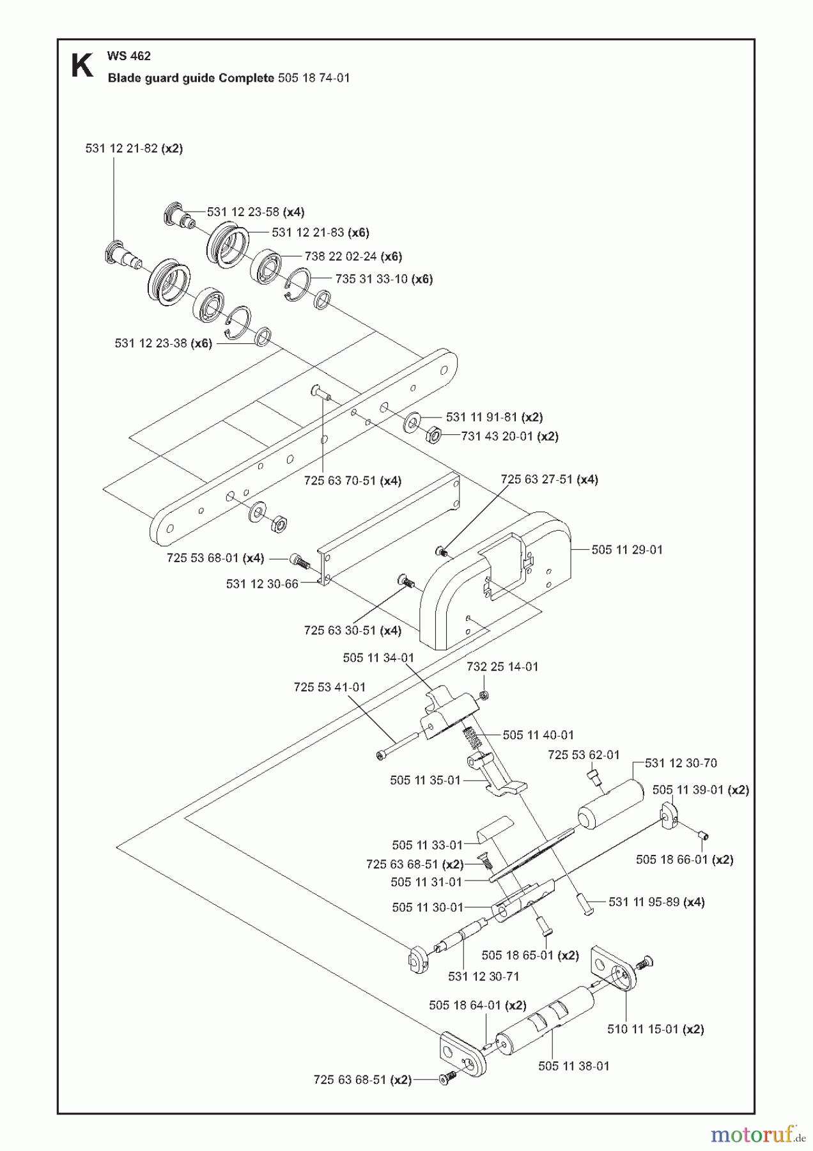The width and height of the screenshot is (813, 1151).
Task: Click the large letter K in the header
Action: [x=82, y=66]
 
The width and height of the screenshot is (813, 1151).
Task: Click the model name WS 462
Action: [x=129, y=56]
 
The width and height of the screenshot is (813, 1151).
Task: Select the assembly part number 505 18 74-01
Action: [x=314, y=78]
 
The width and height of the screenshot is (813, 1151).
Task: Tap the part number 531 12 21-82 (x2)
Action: [x=134, y=148]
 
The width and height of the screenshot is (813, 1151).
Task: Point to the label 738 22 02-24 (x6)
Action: [x=353, y=256]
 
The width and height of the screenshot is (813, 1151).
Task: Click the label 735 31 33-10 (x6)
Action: [x=384, y=279]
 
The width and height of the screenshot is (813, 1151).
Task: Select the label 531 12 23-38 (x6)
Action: [x=163, y=343]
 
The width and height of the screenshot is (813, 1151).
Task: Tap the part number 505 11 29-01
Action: [x=627, y=550]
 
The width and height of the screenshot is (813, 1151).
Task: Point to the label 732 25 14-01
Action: [x=502, y=666]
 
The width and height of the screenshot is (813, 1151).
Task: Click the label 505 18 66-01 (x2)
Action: [x=685, y=860]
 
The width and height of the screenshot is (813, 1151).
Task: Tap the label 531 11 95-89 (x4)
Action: [x=656, y=902]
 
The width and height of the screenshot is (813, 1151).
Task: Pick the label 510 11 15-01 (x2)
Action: [x=655, y=1030]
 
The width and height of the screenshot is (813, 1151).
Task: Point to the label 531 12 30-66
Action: [x=262, y=584]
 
